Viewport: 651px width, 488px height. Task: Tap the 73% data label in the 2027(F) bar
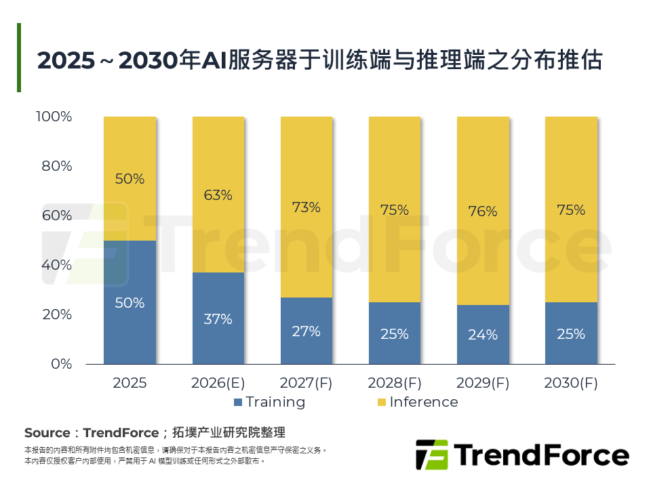[x=306, y=207]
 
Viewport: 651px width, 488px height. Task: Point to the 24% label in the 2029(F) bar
[x=482, y=335]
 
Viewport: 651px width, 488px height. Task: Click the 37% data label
[x=218, y=319]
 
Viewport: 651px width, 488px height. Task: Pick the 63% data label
[x=218, y=195]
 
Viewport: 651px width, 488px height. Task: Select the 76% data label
[x=482, y=211]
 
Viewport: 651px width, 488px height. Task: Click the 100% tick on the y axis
[x=54, y=117]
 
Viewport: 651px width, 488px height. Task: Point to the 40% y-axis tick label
[x=57, y=265]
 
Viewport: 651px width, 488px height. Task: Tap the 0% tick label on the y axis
[x=62, y=364]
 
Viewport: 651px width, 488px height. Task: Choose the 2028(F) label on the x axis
[x=394, y=383]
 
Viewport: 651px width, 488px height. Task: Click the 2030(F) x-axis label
[x=570, y=383]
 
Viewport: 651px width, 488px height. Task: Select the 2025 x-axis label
[x=130, y=383]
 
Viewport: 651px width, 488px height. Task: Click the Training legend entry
[x=269, y=402]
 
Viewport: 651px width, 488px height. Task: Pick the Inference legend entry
[x=417, y=402]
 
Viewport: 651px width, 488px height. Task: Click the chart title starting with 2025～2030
[x=319, y=60]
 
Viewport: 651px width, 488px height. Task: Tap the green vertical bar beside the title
[x=19, y=58]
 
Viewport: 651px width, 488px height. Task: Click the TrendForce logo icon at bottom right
[x=431, y=455]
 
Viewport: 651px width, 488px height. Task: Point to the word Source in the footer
[x=47, y=433]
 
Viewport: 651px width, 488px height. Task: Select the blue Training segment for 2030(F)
[x=570, y=333]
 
